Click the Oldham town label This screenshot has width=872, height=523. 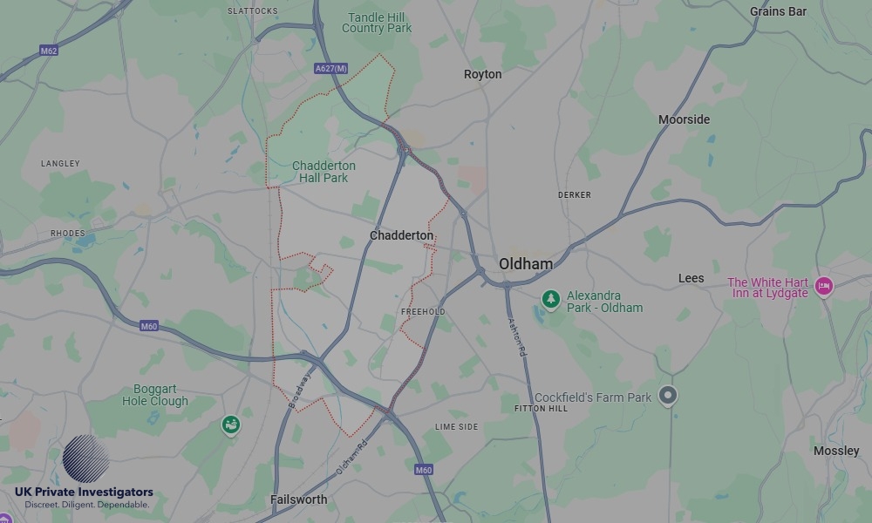pyautogui.click(x=525, y=264)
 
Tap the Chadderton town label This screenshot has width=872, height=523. pyautogui.click(x=401, y=235)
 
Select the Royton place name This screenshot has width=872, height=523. pyautogui.click(x=482, y=74)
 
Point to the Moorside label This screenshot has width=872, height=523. pyautogui.click(x=684, y=119)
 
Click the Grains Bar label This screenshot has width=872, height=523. pyautogui.click(x=778, y=11)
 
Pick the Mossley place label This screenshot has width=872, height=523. pyautogui.click(x=835, y=451)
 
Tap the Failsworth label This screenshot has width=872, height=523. pyautogui.click(x=298, y=499)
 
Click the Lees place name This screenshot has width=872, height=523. pyautogui.click(x=691, y=278)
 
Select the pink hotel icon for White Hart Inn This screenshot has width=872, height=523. pyautogui.click(x=823, y=286)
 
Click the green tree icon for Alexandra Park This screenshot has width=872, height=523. pyautogui.click(x=550, y=300)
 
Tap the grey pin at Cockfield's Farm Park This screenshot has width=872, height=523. pyautogui.click(x=667, y=396)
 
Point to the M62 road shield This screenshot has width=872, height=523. pyautogui.click(x=49, y=51)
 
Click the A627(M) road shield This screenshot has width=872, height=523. pyautogui.click(x=330, y=68)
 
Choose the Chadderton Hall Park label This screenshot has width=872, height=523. pyautogui.click(x=324, y=172)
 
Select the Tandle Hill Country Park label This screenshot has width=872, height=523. pyautogui.click(x=377, y=23)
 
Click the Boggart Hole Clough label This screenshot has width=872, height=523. pyautogui.click(x=155, y=396)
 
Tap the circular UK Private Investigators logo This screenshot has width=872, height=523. pyautogui.click(x=85, y=459)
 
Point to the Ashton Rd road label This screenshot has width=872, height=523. pyautogui.click(x=517, y=335)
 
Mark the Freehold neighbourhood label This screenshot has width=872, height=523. pyautogui.click(x=423, y=311)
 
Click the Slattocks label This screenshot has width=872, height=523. pyautogui.click(x=252, y=11)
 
